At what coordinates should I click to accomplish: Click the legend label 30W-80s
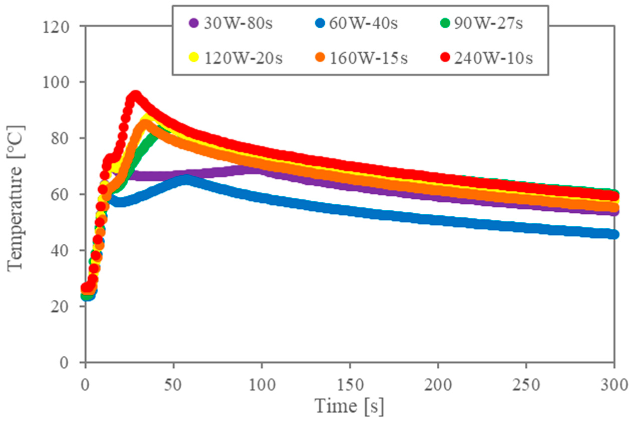(238, 24)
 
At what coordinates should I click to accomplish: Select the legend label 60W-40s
(363, 24)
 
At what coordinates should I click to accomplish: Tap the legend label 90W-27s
(488, 24)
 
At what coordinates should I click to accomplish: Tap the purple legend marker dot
(194, 23)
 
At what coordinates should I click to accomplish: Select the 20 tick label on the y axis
(63, 306)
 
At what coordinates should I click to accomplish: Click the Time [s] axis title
(349, 406)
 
